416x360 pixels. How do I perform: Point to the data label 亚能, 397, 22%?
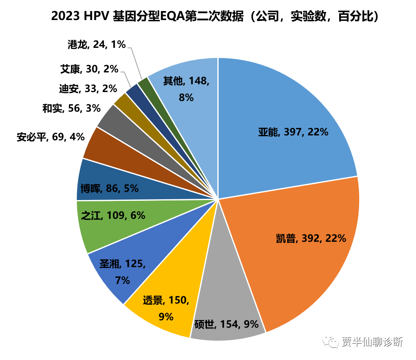tap(293, 132)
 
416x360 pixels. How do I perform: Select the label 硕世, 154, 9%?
tap(226, 324)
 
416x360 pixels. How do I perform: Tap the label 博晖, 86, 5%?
tap(110, 189)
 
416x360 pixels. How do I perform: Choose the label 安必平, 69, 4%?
tap(51, 137)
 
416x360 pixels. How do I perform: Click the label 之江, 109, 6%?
tap(113, 216)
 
